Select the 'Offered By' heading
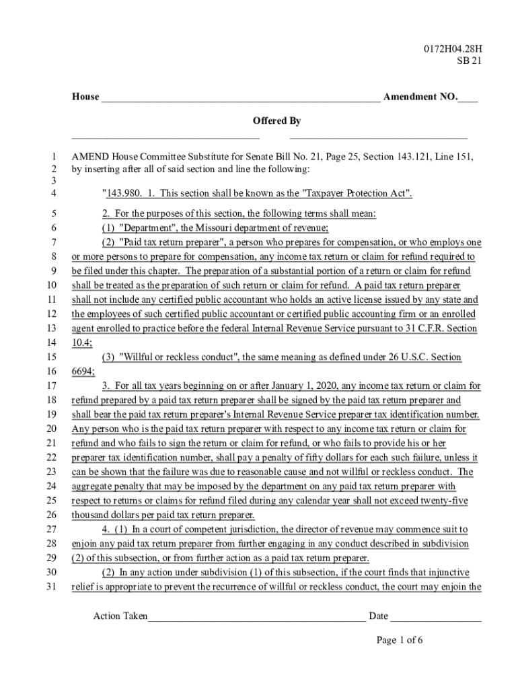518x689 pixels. pos(276,121)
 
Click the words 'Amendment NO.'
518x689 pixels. pos(419,97)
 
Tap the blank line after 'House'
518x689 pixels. pos(240,98)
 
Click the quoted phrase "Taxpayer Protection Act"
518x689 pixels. pos(355,194)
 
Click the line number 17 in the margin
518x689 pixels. pos(52,386)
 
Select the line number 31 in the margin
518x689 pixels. pos(52,587)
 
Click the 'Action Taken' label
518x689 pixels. pos(120,616)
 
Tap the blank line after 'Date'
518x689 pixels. pos(436,617)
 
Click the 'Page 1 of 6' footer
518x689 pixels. pos(400,641)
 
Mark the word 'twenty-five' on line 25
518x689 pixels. pos(443,501)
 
